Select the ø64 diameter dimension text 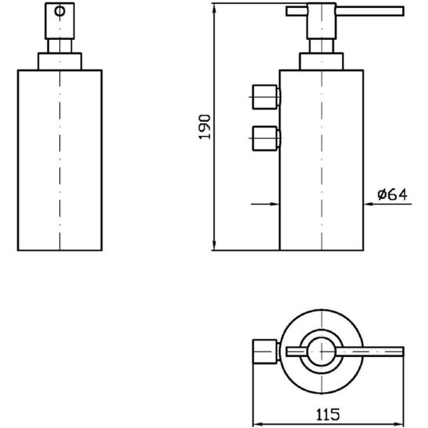pyautogui.click(x=392, y=195)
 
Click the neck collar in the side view pyautogui.click(x=321, y=62)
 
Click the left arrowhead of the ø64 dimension pyautogui.click(x=274, y=203)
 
